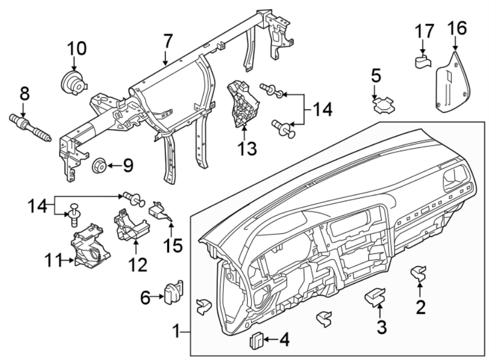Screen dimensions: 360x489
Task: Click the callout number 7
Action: [x=168, y=41]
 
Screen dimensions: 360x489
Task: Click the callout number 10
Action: [x=77, y=49]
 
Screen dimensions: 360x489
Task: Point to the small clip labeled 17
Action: [x=422, y=61]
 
